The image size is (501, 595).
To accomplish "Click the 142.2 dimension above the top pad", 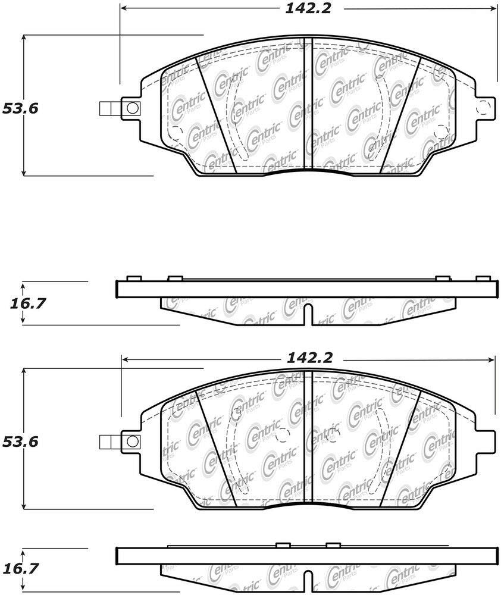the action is (308, 8).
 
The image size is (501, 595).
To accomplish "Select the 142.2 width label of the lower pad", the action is (310, 358).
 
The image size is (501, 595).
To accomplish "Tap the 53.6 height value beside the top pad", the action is (20, 108).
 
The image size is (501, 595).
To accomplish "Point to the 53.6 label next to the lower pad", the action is (20, 441).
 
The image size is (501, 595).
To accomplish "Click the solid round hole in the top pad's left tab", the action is (132, 108).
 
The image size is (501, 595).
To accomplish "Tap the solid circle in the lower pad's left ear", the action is (132, 441).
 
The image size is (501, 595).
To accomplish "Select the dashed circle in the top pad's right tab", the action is (483, 107).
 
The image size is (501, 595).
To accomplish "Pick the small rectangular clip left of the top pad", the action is (110, 108).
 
